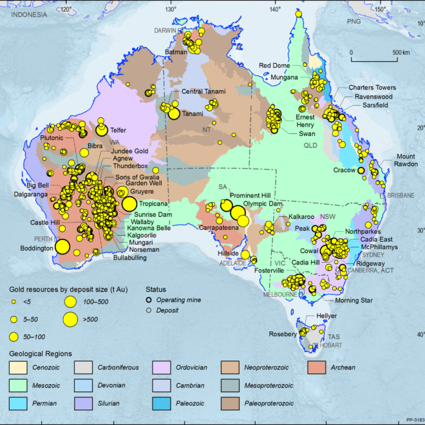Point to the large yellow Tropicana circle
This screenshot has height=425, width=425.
(x=129, y=204)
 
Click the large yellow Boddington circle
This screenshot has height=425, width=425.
(x=62, y=246)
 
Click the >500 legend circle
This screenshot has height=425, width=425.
(x=72, y=318)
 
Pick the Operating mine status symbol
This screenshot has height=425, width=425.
(x=149, y=300)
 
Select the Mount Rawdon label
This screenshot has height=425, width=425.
(x=406, y=160)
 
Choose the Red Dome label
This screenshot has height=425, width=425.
(x=275, y=65)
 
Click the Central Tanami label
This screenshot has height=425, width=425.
(x=203, y=91)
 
